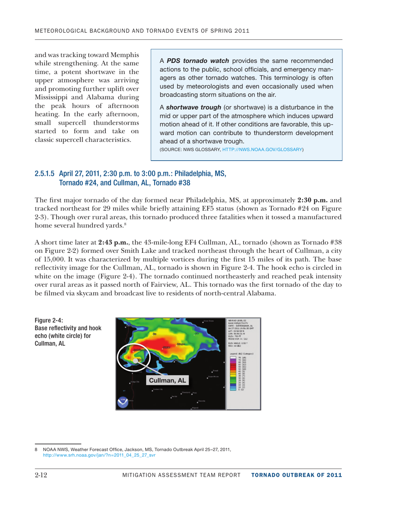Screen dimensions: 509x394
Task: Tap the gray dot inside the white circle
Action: pos(136,350)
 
